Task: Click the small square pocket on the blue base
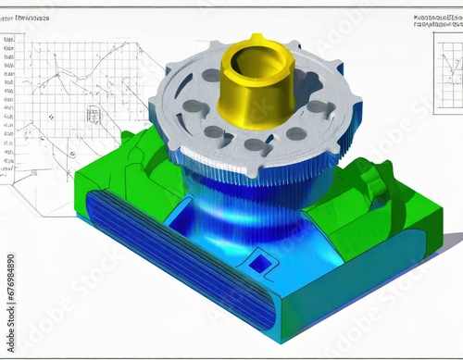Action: tap(262, 264)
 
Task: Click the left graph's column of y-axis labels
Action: tap(9, 102)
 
